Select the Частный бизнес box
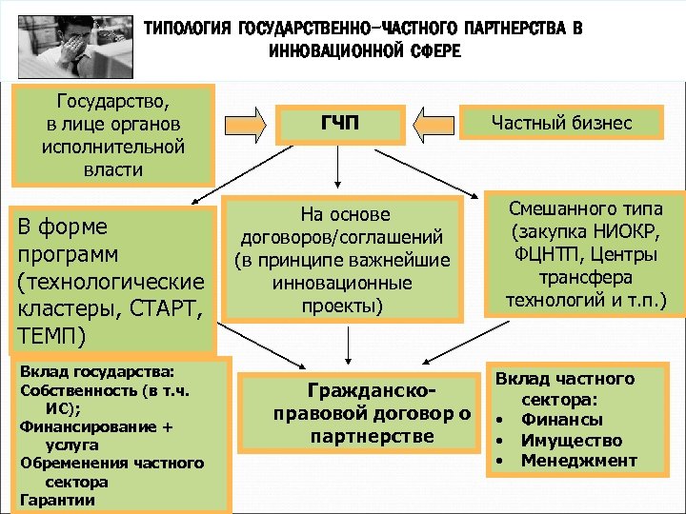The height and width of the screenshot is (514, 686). click(561, 123)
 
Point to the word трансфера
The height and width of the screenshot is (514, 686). click(586, 279)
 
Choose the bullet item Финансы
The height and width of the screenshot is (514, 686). click(561, 420)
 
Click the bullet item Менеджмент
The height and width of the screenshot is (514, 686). click(579, 462)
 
